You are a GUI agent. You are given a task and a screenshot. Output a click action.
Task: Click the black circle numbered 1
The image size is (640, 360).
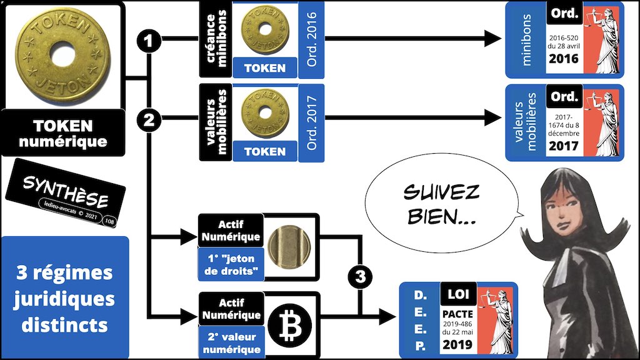(149, 42)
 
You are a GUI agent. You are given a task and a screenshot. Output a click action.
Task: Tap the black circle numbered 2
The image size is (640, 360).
(149, 121)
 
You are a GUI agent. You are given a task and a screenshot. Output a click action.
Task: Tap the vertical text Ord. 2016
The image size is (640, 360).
(311, 41)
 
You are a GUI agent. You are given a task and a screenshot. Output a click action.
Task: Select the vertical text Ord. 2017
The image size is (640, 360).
(311, 123)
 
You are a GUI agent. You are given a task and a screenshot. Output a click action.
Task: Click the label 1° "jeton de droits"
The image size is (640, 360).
(230, 264)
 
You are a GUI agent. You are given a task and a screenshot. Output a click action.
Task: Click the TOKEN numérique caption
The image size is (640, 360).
(62, 133)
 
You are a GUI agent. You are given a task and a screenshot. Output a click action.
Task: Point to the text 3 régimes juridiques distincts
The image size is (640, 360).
(65, 299)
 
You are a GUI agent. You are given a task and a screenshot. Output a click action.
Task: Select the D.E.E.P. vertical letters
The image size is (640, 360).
(420, 319)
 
